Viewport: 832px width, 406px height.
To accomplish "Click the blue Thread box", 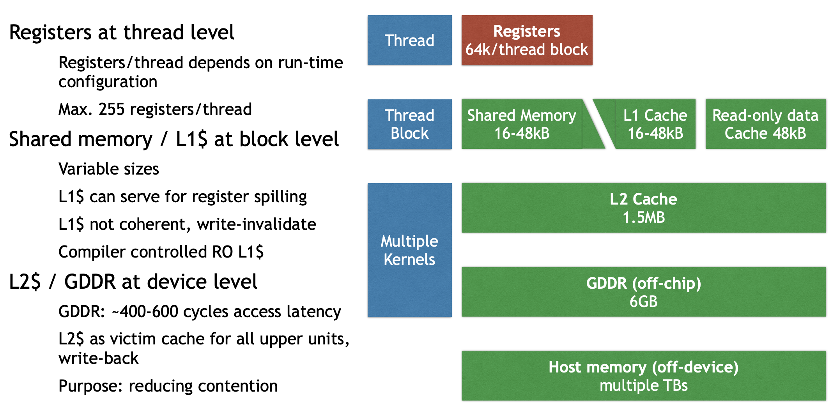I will (409, 40).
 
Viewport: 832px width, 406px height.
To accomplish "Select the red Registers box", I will (527, 40).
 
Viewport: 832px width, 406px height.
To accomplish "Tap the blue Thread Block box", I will (409, 124).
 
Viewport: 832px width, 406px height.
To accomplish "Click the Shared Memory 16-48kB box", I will (522, 124).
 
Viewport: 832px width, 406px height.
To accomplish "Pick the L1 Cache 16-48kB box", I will (655, 124).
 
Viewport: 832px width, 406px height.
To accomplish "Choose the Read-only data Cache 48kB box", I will (765, 124).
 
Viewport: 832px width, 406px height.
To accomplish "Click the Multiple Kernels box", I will (409, 250).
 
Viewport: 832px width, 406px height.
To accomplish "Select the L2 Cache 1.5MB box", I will (643, 208).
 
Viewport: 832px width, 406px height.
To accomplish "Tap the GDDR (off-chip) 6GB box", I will (643, 292).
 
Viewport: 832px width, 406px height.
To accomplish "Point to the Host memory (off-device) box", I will (643, 376).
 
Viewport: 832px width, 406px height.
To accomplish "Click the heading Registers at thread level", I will (122, 32).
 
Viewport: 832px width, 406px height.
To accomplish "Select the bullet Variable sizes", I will (109, 169).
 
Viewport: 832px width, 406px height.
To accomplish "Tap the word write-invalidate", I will (256, 224).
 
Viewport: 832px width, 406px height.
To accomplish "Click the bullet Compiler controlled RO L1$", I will (161, 252).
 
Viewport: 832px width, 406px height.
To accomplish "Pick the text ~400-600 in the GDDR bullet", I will (145, 312).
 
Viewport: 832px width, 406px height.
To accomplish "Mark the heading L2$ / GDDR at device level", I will (133, 282).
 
